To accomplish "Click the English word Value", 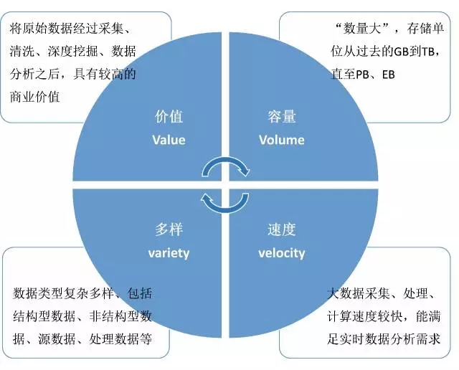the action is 169,140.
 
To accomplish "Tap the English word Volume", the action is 282,140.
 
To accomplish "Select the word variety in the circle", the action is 169,253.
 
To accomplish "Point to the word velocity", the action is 282,253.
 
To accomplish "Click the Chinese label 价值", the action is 169,116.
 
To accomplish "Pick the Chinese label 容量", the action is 282,116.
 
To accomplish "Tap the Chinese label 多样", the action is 169,229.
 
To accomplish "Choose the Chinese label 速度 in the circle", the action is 282,229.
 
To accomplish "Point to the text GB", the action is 401,52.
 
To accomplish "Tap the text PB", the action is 363,75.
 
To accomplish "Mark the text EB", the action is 389,75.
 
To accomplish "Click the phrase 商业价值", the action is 35,97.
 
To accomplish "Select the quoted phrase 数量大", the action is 362,29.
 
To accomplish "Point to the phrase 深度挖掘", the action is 72,51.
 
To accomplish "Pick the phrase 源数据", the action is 57,339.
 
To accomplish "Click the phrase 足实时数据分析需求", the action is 384,339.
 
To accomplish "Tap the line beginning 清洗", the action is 73,51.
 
